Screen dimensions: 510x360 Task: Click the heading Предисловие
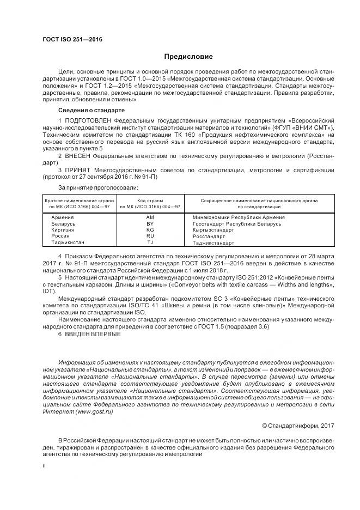click(x=188, y=57)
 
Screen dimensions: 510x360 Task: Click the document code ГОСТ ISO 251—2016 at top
click(x=72, y=39)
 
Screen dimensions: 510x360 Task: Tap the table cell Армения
click(x=62, y=217)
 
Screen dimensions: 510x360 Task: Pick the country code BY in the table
click(x=150, y=223)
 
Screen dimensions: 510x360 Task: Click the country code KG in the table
click(x=150, y=230)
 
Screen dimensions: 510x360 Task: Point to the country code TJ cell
click(x=150, y=242)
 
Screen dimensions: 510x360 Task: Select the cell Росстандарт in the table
click(x=209, y=236)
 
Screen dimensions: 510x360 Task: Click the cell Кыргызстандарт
click(x=213, y=230)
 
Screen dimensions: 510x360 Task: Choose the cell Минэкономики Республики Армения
click(x=239, y=217)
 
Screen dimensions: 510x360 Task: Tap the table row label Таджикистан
click(x=68, y=242)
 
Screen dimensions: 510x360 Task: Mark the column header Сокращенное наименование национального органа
click(x=259, y=201)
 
